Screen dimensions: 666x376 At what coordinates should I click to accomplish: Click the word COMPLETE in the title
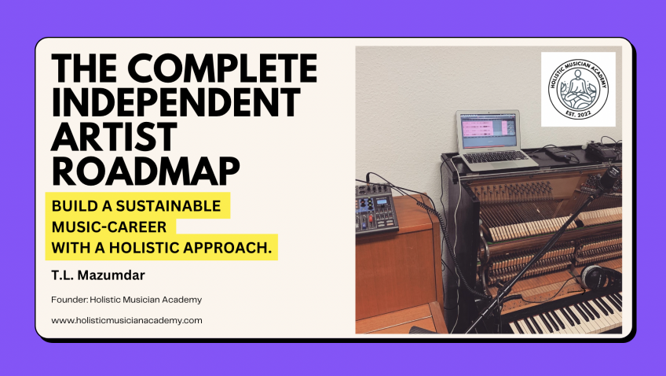pyautogui.click(x=221, y=68)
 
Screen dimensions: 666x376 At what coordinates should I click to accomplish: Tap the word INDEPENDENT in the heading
pyautogui.click(x=176, y=102)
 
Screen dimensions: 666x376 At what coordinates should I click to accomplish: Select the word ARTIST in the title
pyautogui.click(x=114, y=136)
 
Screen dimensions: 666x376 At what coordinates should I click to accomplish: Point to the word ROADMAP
pyautogui.click(x=146, y=171)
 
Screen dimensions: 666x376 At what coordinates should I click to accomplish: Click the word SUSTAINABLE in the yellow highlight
pyautogui.click(x=168, y=206)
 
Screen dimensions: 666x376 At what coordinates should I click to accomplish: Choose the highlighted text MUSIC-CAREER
pyautogui.click(x=109, y=227)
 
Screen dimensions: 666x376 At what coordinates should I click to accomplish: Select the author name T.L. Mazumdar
pyautogui.click(x=98, y=275)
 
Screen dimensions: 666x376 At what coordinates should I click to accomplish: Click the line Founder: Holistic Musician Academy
pyautogui.click(x=126, y=300)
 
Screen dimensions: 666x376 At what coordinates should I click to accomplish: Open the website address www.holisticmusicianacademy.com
pyautogui.click(x=126, y=320)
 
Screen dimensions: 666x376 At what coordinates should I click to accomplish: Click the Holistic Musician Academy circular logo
pyautogui.click(x=578, y=89)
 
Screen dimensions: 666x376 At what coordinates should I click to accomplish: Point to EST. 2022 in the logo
pyautogui.click(x=578, y=113)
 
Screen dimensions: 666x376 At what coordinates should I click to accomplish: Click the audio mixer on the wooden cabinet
pyautogui.click(x=376, y=208)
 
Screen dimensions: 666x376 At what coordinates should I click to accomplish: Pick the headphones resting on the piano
pyautogui.click(x=600, y=278)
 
